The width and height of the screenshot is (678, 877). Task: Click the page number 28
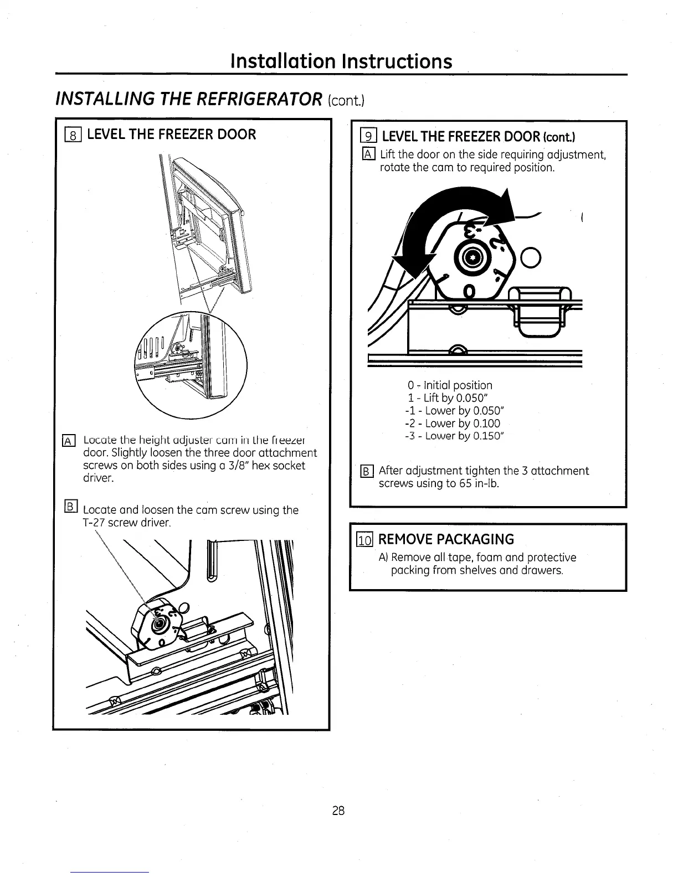(338, 811)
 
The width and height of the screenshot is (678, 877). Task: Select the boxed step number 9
(368, 136)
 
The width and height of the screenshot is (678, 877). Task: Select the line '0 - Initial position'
(450, 385)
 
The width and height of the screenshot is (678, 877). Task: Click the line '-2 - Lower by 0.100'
(453, 424)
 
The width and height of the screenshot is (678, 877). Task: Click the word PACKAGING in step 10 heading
(475, 539)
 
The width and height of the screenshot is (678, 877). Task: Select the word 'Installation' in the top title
(282, 60)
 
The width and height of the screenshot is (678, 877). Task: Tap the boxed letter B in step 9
(368, 471)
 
